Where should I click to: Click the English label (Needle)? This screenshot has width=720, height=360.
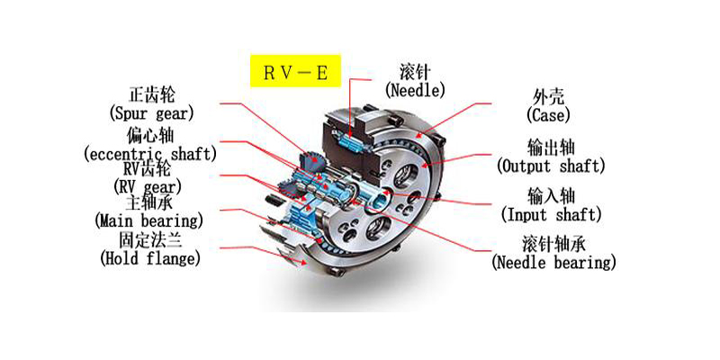click(415, 90)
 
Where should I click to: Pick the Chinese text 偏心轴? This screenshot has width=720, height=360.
click(148, 136)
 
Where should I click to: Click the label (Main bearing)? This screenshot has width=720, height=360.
click(148, 220)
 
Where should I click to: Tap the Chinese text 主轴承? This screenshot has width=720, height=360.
click(148, 202)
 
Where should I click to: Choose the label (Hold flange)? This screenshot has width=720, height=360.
click(148, 258)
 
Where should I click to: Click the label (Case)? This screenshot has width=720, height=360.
click(547, 115)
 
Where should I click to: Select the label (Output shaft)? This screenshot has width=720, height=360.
click(551, 166)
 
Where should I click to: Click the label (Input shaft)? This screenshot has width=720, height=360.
click(551, 215)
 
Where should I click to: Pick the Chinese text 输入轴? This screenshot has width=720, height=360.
click(551, 197)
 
